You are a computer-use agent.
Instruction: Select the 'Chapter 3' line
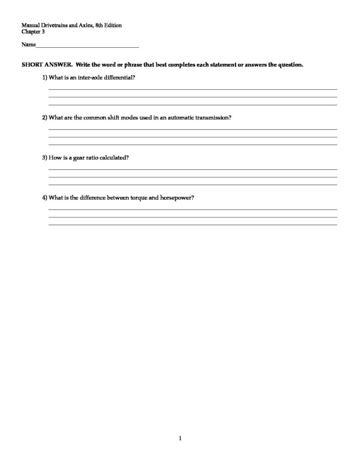[x=33, y=32]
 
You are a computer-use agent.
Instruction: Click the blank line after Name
[x=86, y=46]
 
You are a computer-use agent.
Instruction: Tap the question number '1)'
[x=45, y=77]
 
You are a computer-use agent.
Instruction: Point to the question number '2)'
[x=45, y=117]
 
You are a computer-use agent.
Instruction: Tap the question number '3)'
[x=45, y=157]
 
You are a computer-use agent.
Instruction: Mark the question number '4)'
[x=45, y=198]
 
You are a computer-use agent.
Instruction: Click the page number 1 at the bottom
[x=180, y=438]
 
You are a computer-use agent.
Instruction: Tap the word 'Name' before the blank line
[x=28, y=45]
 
